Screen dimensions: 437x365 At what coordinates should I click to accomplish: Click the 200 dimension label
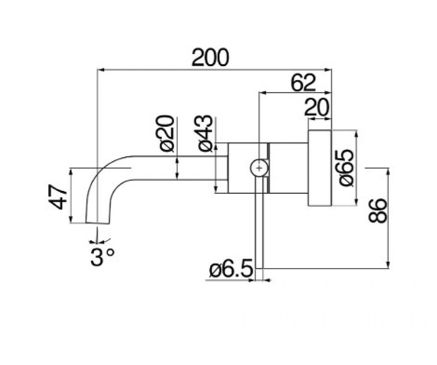tap(210, 57)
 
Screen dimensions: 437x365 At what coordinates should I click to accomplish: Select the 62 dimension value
tap(303, 82)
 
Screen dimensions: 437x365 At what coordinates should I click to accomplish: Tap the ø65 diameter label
tap(346, 168)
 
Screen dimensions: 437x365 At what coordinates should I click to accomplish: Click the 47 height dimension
tap(57, 197)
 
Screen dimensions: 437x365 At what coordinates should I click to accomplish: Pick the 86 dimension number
tap(377, 211)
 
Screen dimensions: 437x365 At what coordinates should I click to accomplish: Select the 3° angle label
tap(103, 257)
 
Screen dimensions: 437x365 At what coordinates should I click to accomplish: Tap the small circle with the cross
tap(259, 168)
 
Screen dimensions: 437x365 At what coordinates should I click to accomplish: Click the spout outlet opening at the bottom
tap(98, 223)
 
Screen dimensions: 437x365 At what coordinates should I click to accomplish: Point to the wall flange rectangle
tap(320, 168)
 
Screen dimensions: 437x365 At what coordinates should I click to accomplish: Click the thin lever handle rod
tap(259, 222)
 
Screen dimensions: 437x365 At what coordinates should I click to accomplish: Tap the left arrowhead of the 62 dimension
tap(263, 93)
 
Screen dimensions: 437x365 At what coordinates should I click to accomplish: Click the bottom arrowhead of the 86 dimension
tap(388, 265)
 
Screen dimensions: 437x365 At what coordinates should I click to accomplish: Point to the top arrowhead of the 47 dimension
tap(71, 172)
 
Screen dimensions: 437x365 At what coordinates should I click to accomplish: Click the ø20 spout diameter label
tap(166, 133)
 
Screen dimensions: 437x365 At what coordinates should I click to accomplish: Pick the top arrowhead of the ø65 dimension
tap(356, 134)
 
